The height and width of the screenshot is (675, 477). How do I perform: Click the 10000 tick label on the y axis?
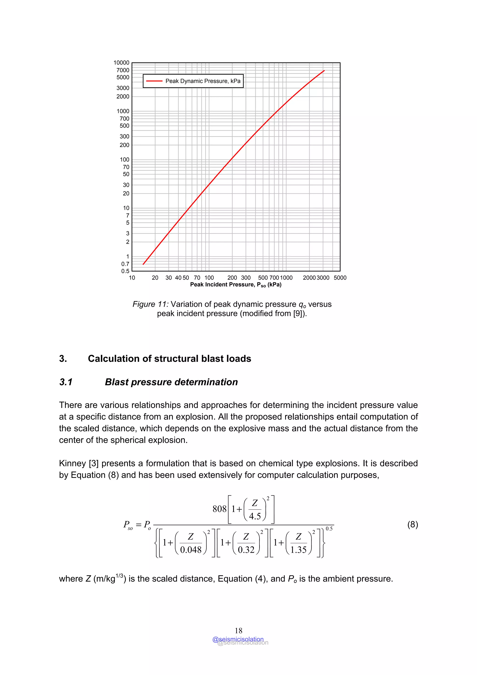click(121, 63)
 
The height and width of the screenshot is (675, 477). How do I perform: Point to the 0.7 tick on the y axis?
click(125, 264)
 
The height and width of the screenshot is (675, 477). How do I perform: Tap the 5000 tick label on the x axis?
click(340, 278)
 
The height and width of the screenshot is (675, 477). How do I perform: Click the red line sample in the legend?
click(154, 81)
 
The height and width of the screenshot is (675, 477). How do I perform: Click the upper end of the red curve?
click(324, 71)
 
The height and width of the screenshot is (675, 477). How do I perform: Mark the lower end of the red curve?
click(143, 264)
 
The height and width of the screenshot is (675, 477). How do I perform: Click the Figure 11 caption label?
click(150, 304)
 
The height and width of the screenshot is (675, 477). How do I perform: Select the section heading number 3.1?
click(66, 382)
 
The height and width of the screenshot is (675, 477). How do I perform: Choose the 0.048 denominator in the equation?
click(191, 549)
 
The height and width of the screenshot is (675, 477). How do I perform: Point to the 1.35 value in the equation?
click(298, 549)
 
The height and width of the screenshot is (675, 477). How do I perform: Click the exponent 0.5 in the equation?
click(329, 529)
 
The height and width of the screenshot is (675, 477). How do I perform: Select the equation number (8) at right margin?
click(412, 524)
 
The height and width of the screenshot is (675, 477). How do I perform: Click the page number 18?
click(238, 630)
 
